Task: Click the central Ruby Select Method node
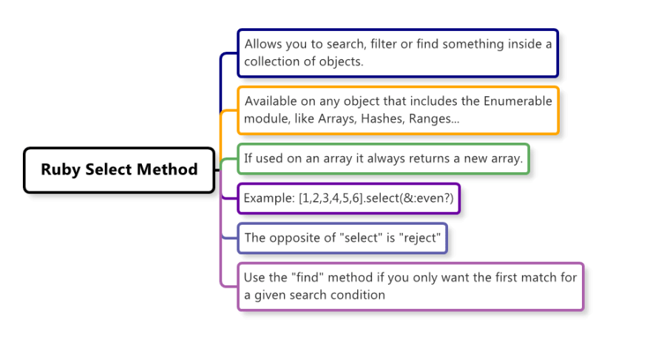click(119, 170)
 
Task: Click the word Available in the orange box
click(270, 101)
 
